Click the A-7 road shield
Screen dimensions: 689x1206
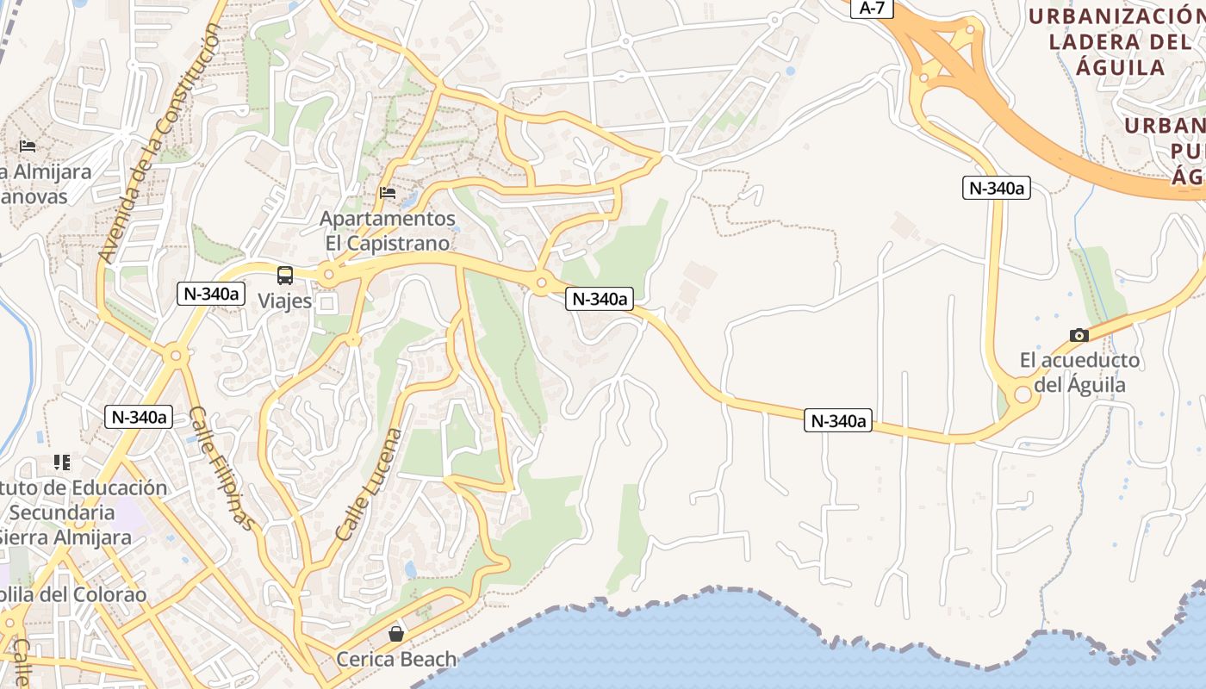coord(872,8)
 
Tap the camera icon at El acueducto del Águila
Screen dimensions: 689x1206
coord(1079,335)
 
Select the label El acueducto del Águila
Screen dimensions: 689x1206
coord(1079,372)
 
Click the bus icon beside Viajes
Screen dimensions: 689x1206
coord(284,276)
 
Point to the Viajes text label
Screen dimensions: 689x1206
coord(284,301)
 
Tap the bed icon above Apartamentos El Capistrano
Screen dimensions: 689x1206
coord(388,193)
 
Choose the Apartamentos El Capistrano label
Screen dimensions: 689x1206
coord(388,231)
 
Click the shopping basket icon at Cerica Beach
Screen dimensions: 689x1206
coord(396,634)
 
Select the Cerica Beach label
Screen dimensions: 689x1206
coord(396,660)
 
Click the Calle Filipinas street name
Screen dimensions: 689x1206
coord(222,468)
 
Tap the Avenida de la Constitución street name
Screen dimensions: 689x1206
coord(159,142)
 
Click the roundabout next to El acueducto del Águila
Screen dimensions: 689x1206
coord(1023,394)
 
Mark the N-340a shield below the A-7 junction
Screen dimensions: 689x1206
coord(996,188)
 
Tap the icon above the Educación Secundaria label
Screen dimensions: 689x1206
coord(61,462)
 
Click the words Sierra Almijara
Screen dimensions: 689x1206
coord(67,537)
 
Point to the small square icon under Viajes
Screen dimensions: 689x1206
coord(326,303)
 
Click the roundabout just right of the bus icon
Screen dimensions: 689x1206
coord(328,276)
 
